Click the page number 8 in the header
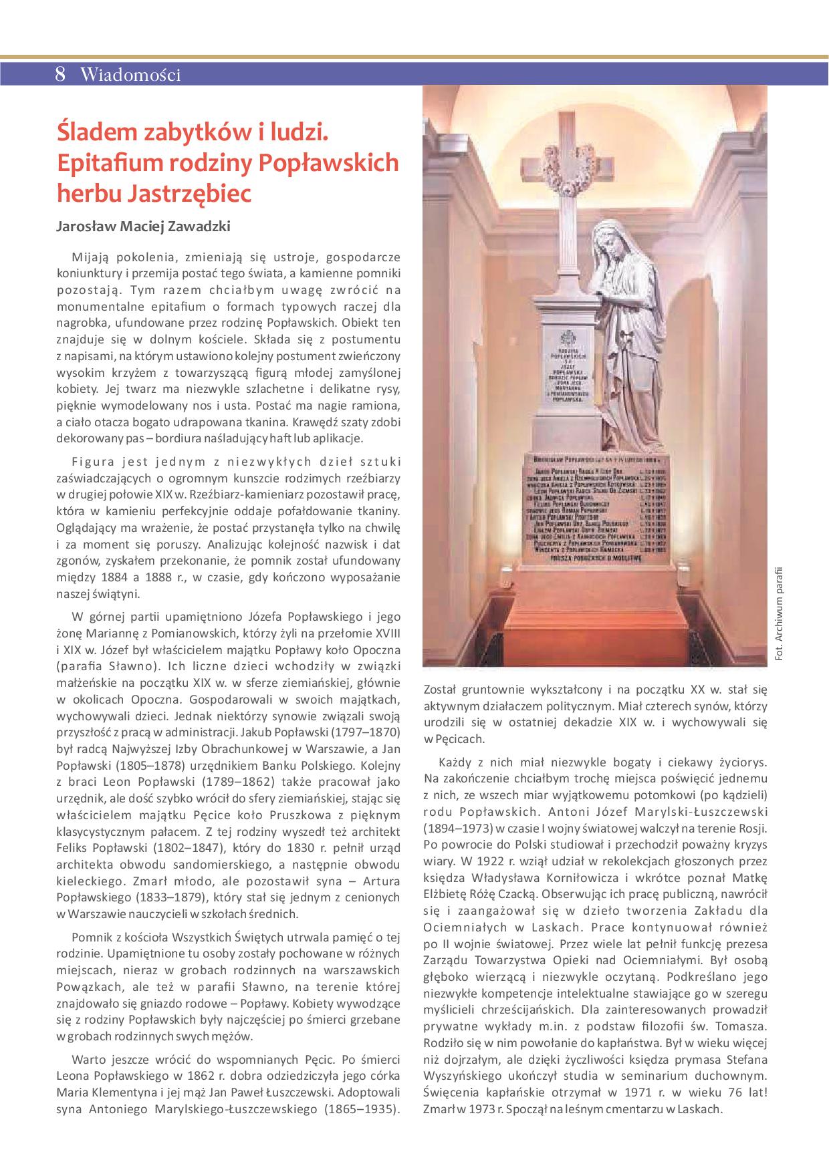[x=60, y=74]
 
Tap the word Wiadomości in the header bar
[x=130, y=74]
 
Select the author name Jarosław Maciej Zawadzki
[x=144, y=227]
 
